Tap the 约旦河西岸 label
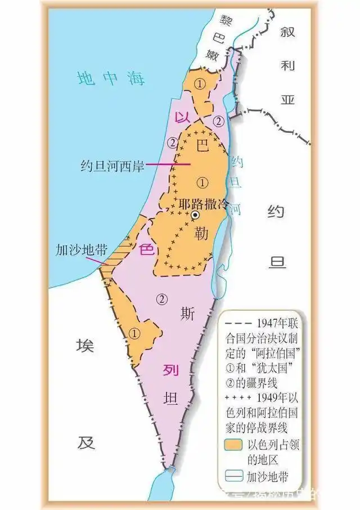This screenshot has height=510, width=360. (x=112, y=166)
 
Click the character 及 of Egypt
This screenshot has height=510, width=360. (x=84, y=443)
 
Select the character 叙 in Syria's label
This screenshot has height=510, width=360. (x=289, y=33)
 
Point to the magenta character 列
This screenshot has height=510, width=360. (x=170, y=370)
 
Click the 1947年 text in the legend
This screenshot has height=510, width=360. (x=269, y=323)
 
